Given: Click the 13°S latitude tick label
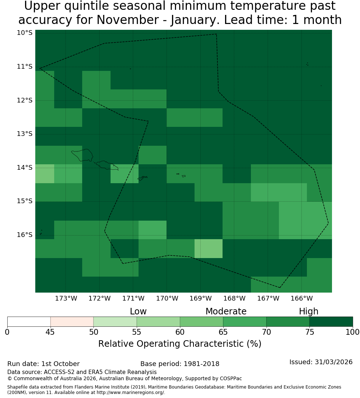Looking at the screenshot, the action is (25, 134).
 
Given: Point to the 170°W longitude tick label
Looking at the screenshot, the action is (167, 298).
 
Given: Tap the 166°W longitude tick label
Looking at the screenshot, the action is (301, 298).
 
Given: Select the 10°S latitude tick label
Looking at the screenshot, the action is (25, 33).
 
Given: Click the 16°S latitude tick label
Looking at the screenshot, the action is (25, 235).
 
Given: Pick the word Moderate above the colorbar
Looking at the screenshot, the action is (226, 311).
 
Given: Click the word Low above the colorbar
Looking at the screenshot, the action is (138, 311).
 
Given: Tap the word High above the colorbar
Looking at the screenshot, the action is (308, 311).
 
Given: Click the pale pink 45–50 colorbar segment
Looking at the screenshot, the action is (72, 322).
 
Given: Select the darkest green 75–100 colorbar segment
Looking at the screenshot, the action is (331, 322).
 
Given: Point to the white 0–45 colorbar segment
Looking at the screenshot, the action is (29, 322).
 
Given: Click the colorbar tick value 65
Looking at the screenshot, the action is (223, 332).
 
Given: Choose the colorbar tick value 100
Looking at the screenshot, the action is (353, 332).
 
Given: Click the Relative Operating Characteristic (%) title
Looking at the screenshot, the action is (180, 344).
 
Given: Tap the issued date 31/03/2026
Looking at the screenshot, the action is (333, 362).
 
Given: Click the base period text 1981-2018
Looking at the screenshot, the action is (201, 364).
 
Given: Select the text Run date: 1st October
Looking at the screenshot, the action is (43, 364).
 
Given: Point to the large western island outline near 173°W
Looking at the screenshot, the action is (82, 155).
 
